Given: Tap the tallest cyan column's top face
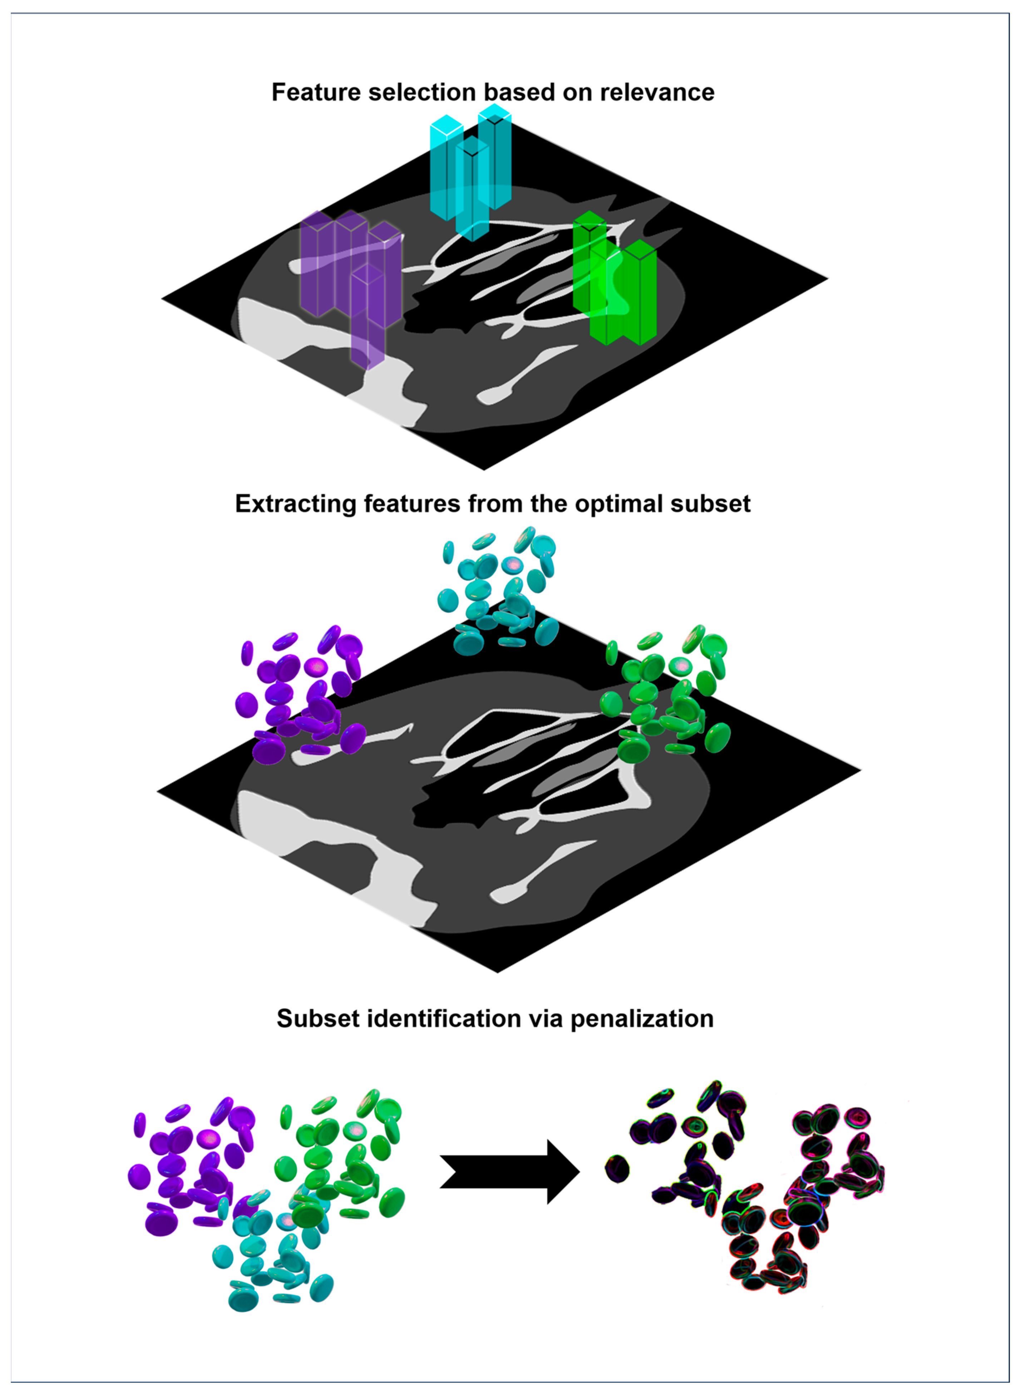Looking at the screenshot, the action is pyautogui.click(x=494, y=113).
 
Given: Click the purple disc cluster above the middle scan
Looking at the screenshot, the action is pyautogui.click(x=300, y=696).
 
